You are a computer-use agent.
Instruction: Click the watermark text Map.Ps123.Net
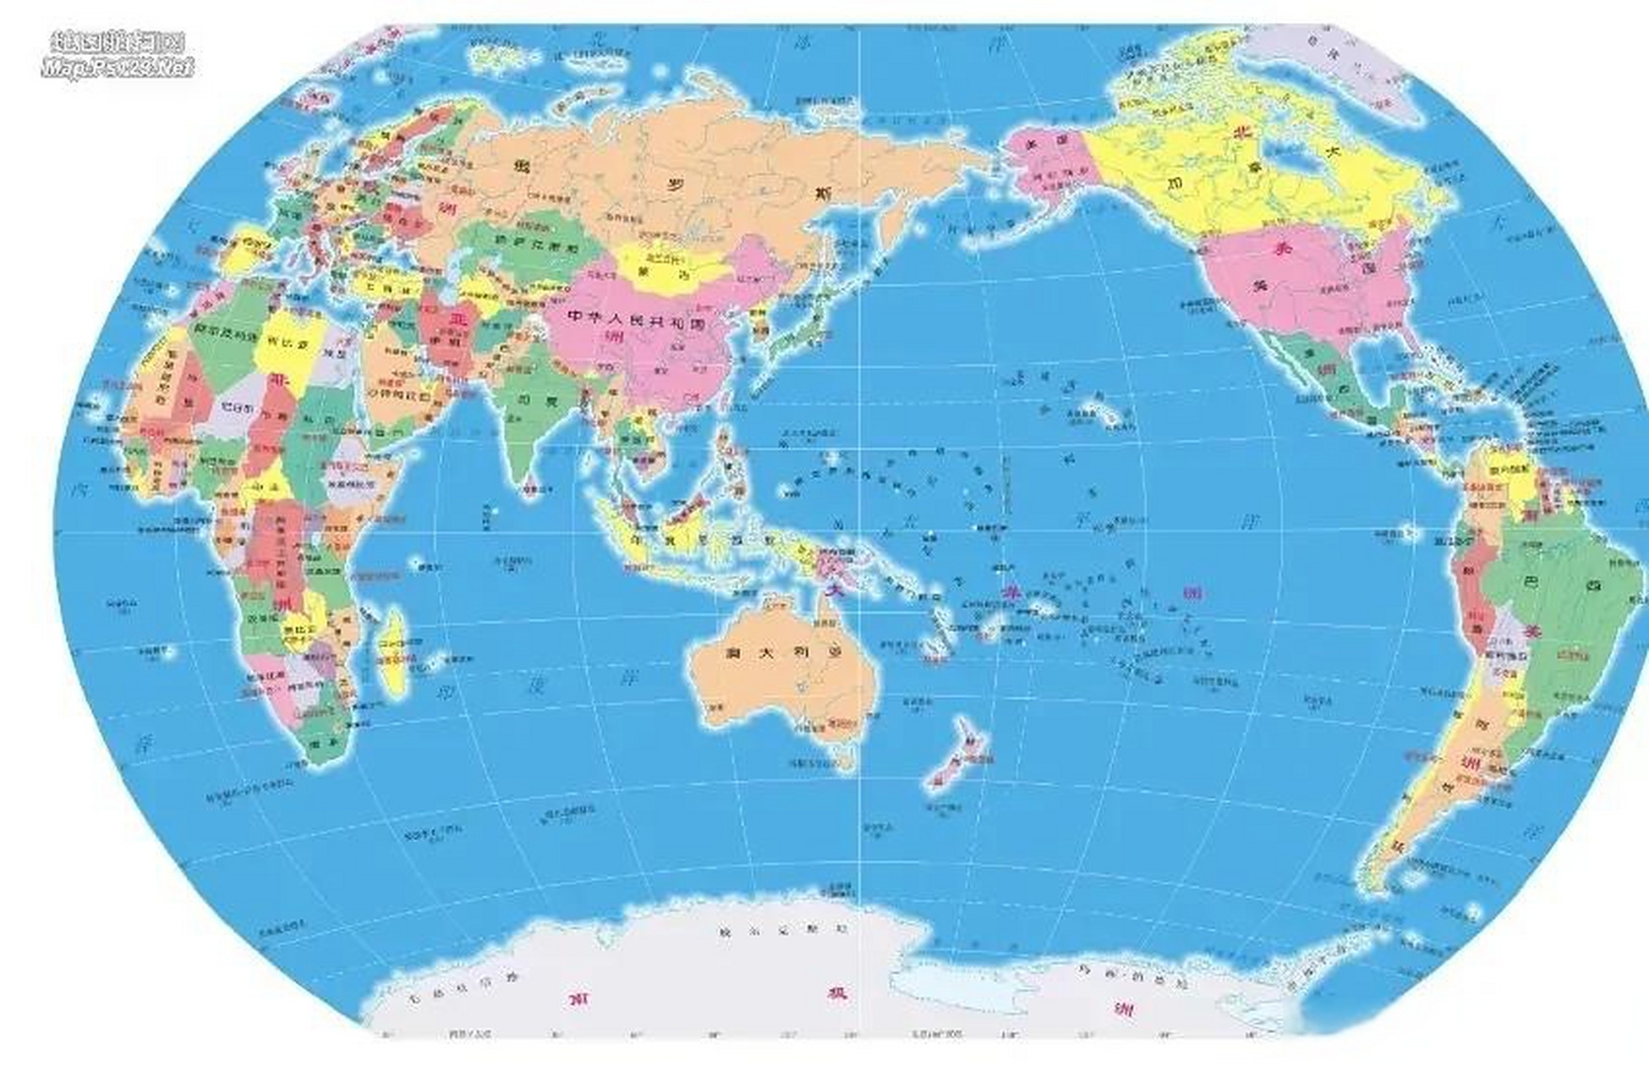118,68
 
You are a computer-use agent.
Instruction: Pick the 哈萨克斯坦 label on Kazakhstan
546,247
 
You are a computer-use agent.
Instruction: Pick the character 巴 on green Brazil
1530,583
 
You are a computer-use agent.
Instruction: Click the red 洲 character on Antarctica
1124,1009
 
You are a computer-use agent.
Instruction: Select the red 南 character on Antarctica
579,1000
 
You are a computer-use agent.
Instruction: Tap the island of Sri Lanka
530,488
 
